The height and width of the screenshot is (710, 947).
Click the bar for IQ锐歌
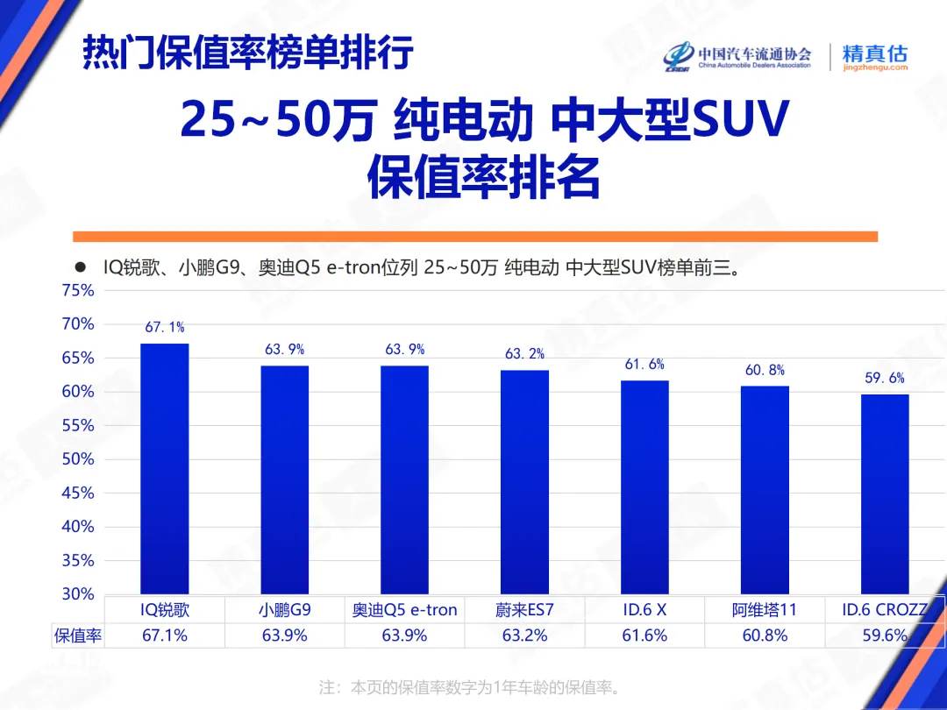(x=165, y=469)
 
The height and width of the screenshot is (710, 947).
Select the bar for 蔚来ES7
(x=524, y=482)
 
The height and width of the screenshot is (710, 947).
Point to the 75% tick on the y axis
(x=78, y=290)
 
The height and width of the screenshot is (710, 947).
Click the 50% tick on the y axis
(x=78, y=459)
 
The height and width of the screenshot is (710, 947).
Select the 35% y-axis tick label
(x=78, y=560)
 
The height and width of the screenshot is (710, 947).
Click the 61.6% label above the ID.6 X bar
(x=644, y=365)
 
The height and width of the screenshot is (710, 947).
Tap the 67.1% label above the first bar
(x=165, y=327)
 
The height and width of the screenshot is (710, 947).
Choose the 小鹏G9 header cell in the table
(x=285, y=610)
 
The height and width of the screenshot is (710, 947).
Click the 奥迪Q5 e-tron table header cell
(x=405, y=610)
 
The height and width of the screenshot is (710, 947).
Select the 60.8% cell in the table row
(x=765, y=635)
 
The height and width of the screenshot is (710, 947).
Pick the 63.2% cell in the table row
(x=524, y=635)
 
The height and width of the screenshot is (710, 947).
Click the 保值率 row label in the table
(x=78, y=635)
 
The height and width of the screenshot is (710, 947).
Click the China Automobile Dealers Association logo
(x=737, y=56)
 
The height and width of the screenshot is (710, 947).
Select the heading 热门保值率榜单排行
(x=247, y=53)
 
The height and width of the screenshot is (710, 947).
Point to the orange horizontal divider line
(x=474, y=237)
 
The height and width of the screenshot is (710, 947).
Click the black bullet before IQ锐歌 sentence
(x=80, y=267)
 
